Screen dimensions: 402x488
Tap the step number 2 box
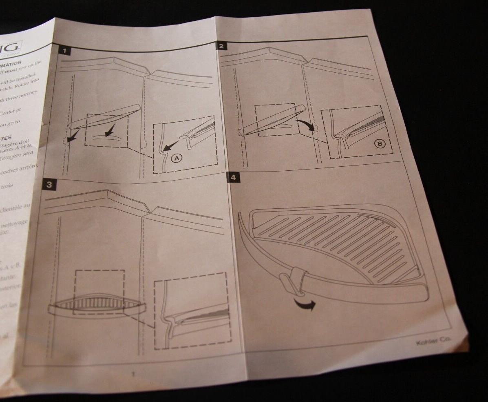click(221, 46)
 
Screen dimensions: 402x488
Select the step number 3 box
click(49, 185)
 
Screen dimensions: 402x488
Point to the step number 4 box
click(233, 178)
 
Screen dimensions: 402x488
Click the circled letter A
click(176, 159)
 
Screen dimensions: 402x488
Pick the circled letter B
click(378, 143)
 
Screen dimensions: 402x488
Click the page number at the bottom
click(133, 373)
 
